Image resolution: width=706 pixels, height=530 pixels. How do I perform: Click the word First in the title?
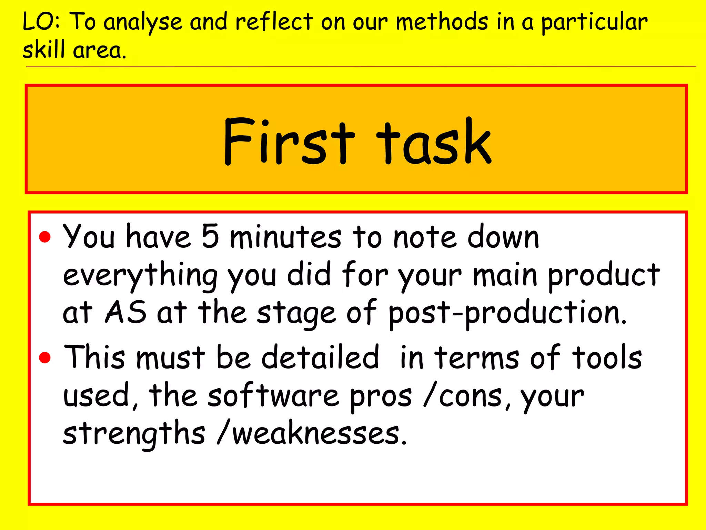pyautogui.click(x=289, y=141)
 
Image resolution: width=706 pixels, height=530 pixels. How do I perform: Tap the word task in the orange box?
pyautogui.click(x=434, y=141)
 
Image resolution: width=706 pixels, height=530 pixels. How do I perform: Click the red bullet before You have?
pyautogui.click(x=45, y=237)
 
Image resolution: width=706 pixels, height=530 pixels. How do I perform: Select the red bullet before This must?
pyautogui.click(x=45, y=357)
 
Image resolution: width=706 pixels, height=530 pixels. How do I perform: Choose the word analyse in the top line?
pyautogui.click(x=143, y=23)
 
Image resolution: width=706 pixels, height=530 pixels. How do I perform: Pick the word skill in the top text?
pyautogui.click(x=43, y=50)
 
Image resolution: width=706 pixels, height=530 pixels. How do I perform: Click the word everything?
pyautogui.click(x=140, y=276)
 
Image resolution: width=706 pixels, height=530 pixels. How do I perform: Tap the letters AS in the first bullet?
pyautogui.click(x=125, y=312)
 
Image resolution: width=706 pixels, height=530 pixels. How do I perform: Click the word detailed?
pyautogui.click(x=320, y=357)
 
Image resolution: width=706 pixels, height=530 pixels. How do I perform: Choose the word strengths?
pyautogui.click(x=134, y=433)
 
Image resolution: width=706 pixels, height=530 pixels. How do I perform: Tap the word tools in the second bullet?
pyautogui.click(x=607, y=357)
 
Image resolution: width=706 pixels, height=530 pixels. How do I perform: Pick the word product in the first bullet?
pyautogui.click(x=604, y=276)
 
